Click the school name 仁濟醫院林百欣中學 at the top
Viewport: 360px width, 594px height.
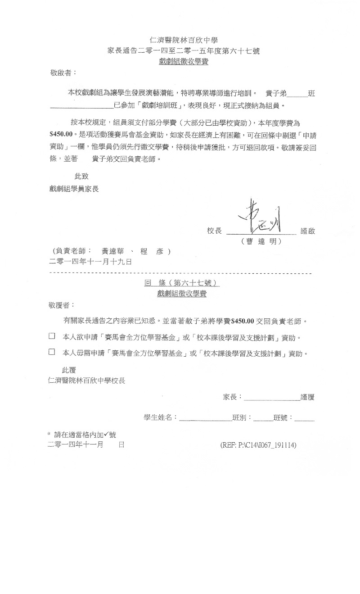pos(183,41)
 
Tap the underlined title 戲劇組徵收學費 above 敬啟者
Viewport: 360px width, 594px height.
pos(183,62)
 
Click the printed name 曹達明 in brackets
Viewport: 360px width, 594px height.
pos(261,241)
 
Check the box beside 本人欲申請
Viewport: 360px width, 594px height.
pos(52,336)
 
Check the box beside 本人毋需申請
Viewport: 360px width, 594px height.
pos(52,352)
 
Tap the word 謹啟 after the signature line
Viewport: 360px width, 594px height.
pos(308,231)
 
